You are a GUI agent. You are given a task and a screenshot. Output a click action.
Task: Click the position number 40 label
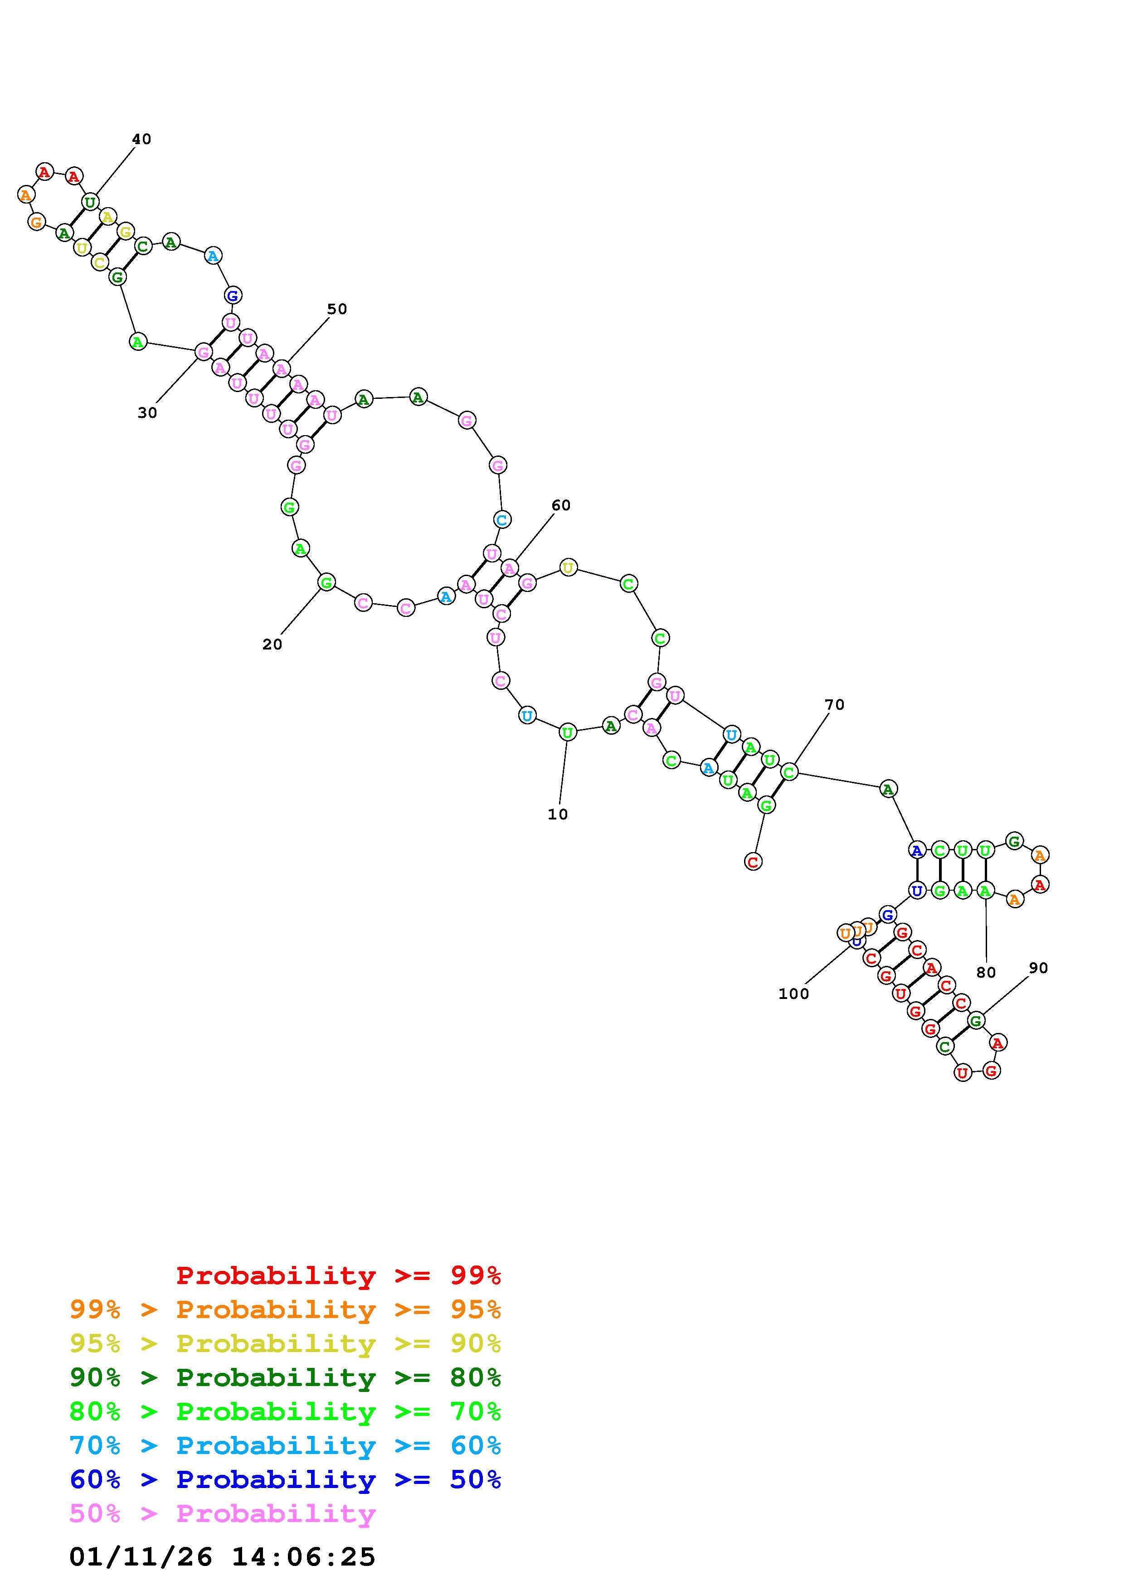[x=141, y=139]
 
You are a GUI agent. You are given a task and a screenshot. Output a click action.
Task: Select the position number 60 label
[x=561, y=505]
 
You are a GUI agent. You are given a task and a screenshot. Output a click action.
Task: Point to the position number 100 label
[x=793, y=994]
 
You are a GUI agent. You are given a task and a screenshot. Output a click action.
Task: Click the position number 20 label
[x=272, y=644]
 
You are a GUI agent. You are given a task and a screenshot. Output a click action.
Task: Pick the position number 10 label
[x=558, y=814]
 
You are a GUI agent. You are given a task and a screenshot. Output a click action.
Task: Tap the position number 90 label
[x=1038, y=968]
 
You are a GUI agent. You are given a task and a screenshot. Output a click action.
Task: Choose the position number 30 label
[x=147, y=413]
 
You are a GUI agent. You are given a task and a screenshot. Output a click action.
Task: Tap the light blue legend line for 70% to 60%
[x=285, y=1446]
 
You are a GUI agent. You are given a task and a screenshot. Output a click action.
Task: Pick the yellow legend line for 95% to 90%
[x=285, y=1343]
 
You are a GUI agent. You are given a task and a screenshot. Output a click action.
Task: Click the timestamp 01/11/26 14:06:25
[x=222, y=1557]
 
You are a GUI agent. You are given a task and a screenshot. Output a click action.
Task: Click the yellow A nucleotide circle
[x=107, y=217]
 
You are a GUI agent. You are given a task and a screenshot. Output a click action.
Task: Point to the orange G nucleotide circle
[x=36, y=222]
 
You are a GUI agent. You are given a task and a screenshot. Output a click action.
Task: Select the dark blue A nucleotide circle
[x=917, y=850]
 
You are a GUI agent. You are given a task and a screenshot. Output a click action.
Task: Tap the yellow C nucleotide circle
[x=100, y=262]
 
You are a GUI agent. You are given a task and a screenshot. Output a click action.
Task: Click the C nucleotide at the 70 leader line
[x=789, y=771]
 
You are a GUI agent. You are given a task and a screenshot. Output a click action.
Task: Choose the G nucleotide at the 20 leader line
[x=326, y=582]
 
